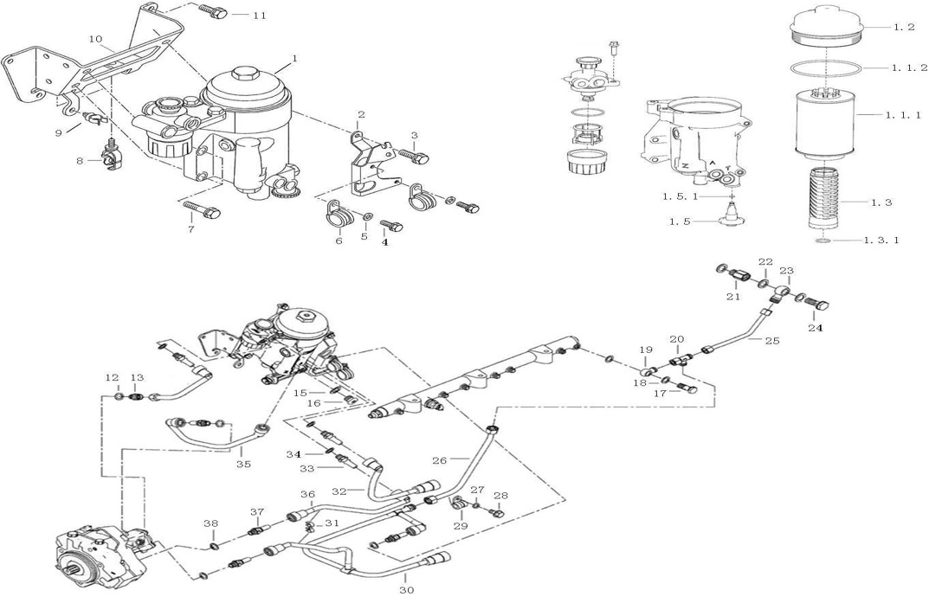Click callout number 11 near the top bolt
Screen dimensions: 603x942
(260, 15)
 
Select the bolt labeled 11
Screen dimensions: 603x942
(212, 12)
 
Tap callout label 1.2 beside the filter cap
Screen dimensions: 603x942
(904, 27)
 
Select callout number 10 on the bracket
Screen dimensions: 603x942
(96, 39)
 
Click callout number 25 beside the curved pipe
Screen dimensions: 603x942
(772, 341)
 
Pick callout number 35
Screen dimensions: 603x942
(243, 465)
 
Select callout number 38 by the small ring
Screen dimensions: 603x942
(210, 523)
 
